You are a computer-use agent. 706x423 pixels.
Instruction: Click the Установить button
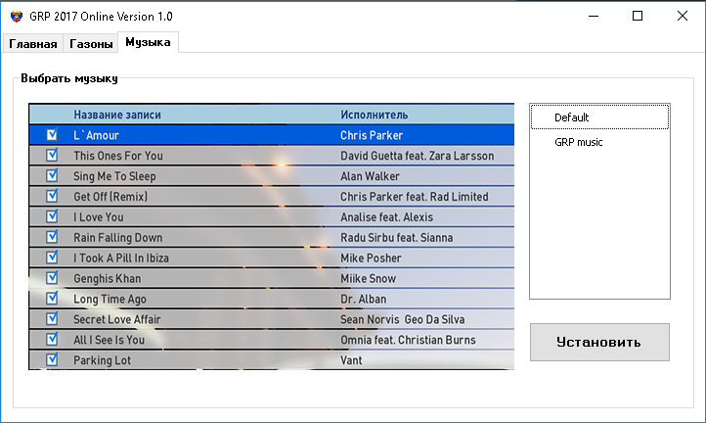[x=599, y=342]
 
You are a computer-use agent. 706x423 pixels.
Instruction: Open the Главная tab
[x=33, y=44]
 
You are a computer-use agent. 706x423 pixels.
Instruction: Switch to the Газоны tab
[x=91, y=44]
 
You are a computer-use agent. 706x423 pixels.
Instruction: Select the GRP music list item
[x=579, y=142]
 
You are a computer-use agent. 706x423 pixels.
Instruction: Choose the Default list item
[x=571, y=117]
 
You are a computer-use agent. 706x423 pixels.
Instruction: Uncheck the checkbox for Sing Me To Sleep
[x=52, y=175]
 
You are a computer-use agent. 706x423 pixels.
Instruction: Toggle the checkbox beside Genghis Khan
[x=52, y=278]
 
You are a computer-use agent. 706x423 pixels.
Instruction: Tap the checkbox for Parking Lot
[x=52, y=359]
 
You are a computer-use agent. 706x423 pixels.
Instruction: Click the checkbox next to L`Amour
[x=52, y=134]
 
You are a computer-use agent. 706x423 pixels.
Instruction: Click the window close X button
[x=683, y=16]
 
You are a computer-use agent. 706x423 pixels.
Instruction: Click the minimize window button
[x=594, y=16]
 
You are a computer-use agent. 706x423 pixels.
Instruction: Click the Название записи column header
[x=117, y=115]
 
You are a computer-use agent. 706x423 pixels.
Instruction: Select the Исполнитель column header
[x=374, y=115]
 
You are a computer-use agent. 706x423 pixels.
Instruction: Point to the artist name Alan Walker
[x=370, y=176]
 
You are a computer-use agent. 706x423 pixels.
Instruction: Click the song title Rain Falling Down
[x=118, y=237]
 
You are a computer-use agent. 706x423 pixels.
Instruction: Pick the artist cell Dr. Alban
[x=363, y=299]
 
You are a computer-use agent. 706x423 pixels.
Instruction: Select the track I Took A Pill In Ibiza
[x=121, y=258]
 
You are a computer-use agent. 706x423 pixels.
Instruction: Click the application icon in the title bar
[x=17, y=17]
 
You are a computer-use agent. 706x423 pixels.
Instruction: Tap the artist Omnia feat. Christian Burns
[x=408, y=340]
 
